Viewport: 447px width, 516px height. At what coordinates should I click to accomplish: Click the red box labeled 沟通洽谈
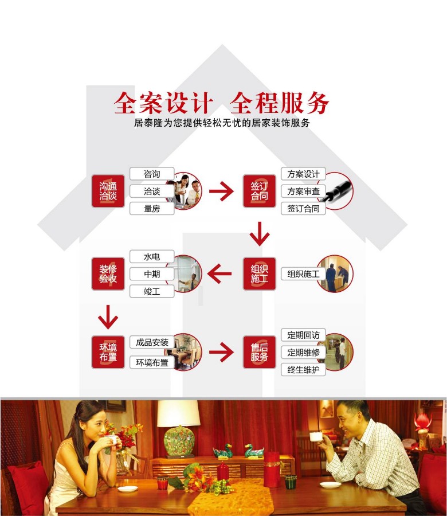pos(108,191)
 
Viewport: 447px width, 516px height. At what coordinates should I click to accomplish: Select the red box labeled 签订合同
pos(259,191)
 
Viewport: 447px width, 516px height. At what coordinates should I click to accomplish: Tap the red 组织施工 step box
pos(259,274)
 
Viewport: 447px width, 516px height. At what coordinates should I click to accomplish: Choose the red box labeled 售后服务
pos(259,352)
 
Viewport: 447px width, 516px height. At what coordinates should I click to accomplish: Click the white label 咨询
pos(152,174)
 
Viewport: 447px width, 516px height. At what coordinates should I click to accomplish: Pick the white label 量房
pos(152,209)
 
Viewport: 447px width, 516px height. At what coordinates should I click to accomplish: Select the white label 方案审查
pos(303,191)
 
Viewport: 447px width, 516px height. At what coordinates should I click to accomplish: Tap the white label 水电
pos(152,257)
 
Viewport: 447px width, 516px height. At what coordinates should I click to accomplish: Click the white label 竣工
pos(152,291)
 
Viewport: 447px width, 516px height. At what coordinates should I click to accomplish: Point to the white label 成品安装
pos(152,342)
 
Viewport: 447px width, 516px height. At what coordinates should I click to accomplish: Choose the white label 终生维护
pos(303,370)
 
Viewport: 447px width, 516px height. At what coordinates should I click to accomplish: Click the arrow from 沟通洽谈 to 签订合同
pos(221,191)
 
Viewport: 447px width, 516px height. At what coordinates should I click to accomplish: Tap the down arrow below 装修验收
pos(108,317)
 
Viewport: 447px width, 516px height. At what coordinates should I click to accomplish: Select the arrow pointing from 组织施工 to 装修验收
pos(219,274)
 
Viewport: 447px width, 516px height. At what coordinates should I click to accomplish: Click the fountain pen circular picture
pos(335,191)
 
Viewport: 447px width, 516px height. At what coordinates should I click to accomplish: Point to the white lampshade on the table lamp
pos(179,413)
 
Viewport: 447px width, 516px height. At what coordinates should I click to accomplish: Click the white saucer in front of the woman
pos(128,488)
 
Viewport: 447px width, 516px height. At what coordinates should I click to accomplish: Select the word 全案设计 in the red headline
pos(163,103)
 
